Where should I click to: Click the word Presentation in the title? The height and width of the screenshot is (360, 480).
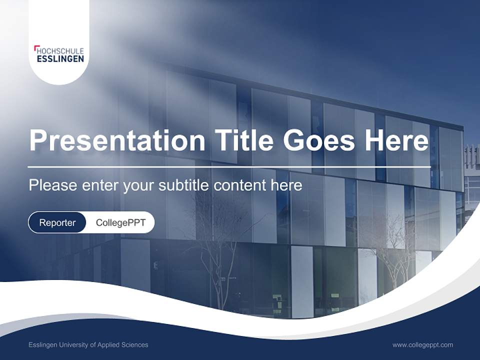pyautogui.click(x=116, y=140)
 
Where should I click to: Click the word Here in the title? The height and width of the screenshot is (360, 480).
pyautogui.click(x=396, y=140)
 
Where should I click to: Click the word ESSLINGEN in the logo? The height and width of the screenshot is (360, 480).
pyautogui.click(x=60, y=59)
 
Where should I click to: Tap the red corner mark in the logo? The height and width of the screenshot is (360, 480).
pyautogui.click(x=36, y=48)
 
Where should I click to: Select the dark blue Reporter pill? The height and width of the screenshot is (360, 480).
pyautogui.click(x=57, y=222)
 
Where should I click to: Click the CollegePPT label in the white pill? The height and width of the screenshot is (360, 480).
pyautogui.click(x=120, y=222)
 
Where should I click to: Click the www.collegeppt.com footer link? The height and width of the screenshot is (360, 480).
pyautogui.click(x=422, y=344)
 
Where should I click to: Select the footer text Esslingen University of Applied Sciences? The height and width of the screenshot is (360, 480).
pyautogui.click(x=88, y=344)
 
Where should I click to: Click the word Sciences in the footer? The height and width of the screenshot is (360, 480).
pyautogui.click(x=135, y=344)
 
